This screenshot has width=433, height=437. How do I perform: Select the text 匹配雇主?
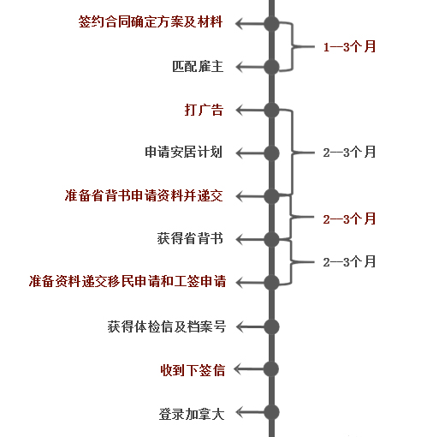coord(198,66)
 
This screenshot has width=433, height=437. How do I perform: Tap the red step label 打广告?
coord(204,109)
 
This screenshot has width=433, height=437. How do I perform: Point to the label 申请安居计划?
coord(183,153)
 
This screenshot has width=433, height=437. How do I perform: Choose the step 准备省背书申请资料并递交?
coord(143,195)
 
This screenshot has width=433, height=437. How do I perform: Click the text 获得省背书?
coord(190,239)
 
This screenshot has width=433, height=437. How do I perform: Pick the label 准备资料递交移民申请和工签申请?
coord(133,282)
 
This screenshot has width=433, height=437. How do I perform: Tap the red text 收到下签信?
coord(192,369)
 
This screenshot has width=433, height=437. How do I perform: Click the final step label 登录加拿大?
coord(190,413)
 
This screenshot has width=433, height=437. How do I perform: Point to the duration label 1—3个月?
coord(349,47)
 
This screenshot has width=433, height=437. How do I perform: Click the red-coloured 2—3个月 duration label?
coord(349,219)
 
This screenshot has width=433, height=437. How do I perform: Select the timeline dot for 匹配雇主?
coord(272,67)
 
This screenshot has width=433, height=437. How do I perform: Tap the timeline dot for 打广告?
coord(272,110)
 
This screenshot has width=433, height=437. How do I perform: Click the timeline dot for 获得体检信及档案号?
coord(272,326)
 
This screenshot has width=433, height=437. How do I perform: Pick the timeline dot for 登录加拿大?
coord(272,413)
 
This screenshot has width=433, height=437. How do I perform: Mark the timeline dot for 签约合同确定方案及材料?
coord(272,23)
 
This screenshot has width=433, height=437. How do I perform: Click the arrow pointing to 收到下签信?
coord(249,369)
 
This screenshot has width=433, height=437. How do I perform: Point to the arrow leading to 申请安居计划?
coord(249,153)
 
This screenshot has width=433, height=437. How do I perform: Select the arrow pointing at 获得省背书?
coord(249,239)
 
